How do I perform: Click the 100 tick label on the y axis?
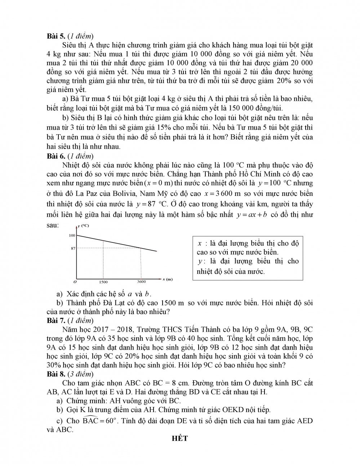(x=72, y=235)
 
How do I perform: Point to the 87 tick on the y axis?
(x=73, y=248)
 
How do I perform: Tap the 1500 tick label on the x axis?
(x=103, y=282)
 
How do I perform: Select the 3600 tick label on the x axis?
(x=142, y=282)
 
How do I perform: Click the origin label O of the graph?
(x=75, y=281)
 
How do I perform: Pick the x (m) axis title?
(x=167, y=279)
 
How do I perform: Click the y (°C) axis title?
(x=83, y=226)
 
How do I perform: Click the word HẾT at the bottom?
(x=180, y=438)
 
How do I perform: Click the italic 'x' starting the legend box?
(x=200, y=243)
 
